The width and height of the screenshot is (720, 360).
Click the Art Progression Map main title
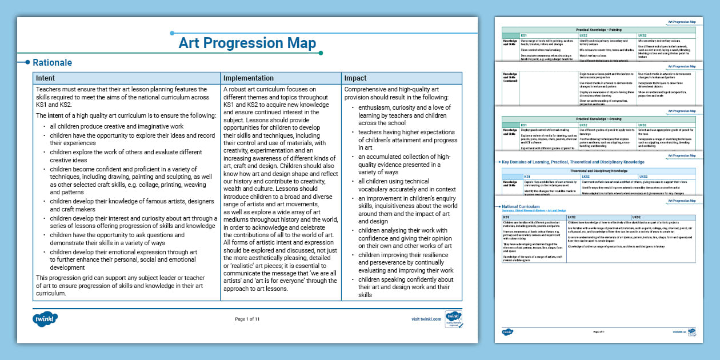pos(247,43)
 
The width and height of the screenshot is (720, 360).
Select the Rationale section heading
pos(52,63)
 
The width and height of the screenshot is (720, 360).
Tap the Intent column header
pos(46,78)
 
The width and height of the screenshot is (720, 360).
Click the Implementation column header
pos(249,78)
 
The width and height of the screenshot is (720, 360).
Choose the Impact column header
pos(355,78)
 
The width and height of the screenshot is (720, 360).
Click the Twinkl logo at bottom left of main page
pos(46,318)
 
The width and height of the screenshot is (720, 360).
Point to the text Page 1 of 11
pos(247,319)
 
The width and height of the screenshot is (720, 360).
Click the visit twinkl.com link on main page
pos(426,319)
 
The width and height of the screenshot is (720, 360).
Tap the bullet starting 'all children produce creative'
pos(117,126)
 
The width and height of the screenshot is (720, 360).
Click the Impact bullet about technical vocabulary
pos(407,185)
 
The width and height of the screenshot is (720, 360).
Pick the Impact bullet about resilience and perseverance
pos(406,263)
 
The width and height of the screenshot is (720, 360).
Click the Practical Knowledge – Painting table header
pos(599,29)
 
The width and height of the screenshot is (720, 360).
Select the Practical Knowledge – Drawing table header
pos(599,119)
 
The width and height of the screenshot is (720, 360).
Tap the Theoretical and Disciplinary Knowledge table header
pos(599,171)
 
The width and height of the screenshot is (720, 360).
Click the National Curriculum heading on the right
pos(513,206)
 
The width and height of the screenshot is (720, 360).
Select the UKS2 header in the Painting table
pos(643,35)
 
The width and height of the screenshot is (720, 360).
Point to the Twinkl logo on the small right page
pos(507,331)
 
